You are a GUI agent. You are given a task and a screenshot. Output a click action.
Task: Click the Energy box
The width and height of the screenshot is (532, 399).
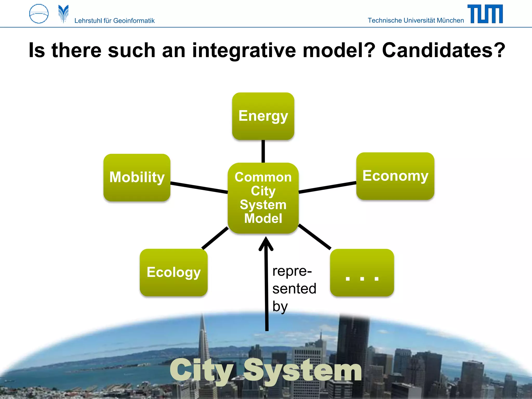pyautogui.click(x=263, y=116)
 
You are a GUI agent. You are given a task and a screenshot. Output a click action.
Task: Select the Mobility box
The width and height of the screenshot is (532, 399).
pyautogui.click(x=137, y=177)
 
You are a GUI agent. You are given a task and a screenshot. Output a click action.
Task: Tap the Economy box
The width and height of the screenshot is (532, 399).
pyautogui.click(x=395, y=176)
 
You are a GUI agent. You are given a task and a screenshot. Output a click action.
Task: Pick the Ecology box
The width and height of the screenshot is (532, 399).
pyautogui.click(x=174, y=272)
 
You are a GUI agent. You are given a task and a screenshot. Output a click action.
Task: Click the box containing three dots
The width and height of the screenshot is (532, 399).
pyautogui.click(x=362, y=272)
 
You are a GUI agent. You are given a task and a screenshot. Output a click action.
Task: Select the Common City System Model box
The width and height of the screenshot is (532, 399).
pyautogui.click(x=263, y=198)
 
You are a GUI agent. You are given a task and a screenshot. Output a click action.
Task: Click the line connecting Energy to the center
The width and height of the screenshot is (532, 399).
pyautogui.click(x=263, y=151)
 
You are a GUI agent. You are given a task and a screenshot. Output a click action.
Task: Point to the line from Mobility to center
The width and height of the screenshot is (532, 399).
pyautogui.click(x=199, y=188)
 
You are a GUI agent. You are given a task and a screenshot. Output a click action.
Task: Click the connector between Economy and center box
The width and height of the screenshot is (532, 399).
pyautogui.click(x=327, y=187)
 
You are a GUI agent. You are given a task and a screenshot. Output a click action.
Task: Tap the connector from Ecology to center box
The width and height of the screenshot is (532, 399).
pyautogui.click(x=215, y=238)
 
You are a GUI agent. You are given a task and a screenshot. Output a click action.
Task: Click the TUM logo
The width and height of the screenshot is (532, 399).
pyautogui.click(x=485, y=14)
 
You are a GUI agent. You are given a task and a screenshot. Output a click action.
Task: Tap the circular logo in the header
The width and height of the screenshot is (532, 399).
pyautogui.click(x=39, y=14)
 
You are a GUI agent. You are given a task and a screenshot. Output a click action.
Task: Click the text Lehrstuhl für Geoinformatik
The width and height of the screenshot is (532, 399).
pyautogui.click(x=114, y=21)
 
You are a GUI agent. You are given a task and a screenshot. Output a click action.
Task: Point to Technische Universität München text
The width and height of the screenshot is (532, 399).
pyautogui.click(x=416, y=20)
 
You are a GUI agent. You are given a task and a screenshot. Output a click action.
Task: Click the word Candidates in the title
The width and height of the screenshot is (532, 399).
pyautogui.click(x=443, y=50)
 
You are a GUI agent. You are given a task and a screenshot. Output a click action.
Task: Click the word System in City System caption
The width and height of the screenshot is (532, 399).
pyautogui.click(x=303, y=370)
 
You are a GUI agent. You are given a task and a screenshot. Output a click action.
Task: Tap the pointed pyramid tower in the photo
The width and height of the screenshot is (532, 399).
pyautogui.click(x=203, y=338)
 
